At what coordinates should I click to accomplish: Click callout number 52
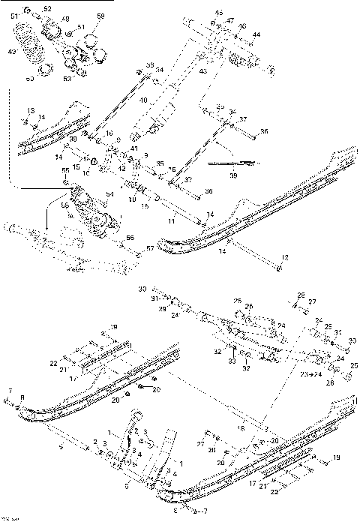(48, 9)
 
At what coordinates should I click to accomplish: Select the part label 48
(65, 19)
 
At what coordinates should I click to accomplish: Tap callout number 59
(101, 16)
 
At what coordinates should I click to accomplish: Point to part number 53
(67, 77)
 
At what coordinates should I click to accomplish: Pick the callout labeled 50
(31, 77)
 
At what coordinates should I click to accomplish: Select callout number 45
(219, 13)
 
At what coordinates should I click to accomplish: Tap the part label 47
(230, 21)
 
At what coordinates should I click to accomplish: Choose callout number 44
(256, 35)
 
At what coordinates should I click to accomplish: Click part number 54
(109, 193)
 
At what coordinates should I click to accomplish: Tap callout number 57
(149, 247)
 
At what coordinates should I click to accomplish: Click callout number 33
(232, 362)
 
